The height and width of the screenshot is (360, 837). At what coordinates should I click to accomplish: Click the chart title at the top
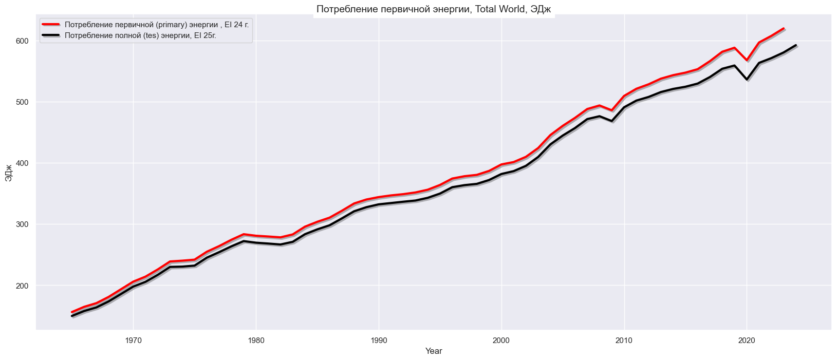point(433,9)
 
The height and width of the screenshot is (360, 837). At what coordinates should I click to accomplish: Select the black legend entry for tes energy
point(143,36)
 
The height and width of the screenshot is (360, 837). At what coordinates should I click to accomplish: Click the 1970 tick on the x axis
point(134,339)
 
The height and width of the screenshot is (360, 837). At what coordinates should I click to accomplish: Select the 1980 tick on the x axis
point(256,339)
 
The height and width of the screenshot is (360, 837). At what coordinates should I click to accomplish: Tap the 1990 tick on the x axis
point(379,339)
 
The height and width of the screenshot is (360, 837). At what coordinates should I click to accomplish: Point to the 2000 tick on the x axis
point(501,339)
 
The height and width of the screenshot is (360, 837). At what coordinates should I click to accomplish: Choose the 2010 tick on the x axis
point(624,339)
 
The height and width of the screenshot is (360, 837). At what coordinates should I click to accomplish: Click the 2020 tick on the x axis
point(747,339)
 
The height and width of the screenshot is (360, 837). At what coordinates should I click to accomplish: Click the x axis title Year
point(434,351)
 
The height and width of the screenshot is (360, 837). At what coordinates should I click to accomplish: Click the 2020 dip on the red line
point(747,60)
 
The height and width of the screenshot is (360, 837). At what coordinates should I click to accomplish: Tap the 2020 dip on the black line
point(747,79)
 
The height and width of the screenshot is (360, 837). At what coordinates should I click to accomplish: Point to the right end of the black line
point(795,45)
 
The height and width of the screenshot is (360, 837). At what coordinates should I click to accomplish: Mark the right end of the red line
point(783,29)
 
